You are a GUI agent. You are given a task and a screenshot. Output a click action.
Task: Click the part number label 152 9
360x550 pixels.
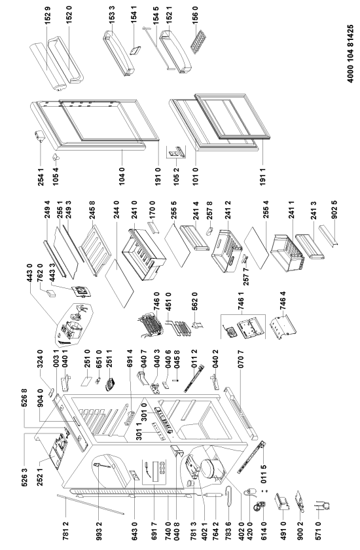48,20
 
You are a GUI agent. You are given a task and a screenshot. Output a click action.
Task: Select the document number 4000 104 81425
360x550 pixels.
350,54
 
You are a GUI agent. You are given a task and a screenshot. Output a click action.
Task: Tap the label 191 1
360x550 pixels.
263,176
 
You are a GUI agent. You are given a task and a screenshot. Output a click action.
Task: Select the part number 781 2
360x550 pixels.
65,531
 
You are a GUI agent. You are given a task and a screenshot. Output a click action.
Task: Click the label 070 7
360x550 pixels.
240,359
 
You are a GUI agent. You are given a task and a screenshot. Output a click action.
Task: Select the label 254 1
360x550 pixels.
41,176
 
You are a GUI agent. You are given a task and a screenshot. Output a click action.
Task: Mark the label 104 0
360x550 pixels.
122,176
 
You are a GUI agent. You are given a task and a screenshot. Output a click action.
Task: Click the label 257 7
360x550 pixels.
246,277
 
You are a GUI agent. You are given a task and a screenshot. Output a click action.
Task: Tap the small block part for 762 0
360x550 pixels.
51,293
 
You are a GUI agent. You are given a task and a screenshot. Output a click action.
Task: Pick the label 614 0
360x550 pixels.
264,531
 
